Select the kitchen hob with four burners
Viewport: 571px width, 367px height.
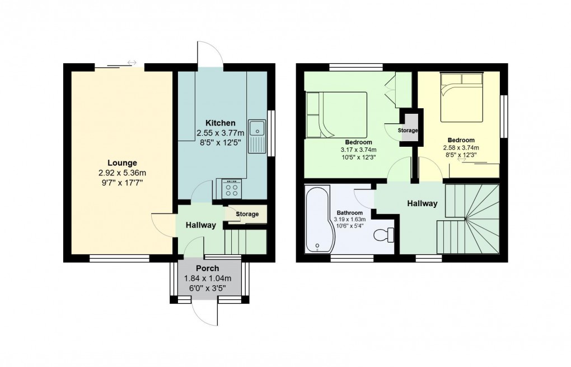click(231, 188)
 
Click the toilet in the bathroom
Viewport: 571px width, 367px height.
click(383, 235)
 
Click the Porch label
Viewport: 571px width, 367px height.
click(208, 268)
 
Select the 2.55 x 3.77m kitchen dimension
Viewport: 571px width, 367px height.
click(220, 133)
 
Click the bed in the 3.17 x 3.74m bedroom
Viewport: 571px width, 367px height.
click(336, 114)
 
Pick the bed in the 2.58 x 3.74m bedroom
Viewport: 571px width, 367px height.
click(461, 96)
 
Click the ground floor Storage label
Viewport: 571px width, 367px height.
click(247, 214)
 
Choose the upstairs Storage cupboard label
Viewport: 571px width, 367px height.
click(408, 131)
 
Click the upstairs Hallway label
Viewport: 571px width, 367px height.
click(422, 203)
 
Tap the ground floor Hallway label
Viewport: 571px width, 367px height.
click(200, 225)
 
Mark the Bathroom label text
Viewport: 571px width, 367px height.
click(349, 213)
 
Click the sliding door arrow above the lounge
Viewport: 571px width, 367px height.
click(132, 62)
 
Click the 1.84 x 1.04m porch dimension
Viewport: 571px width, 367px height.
click(208, 278)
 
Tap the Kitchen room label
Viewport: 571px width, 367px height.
click(220, 123)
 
